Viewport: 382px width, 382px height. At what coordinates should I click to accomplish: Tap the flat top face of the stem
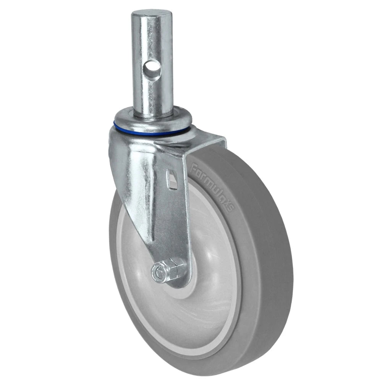click(x=150, y=16)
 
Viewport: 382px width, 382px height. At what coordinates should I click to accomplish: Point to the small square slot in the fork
click(x=172, y=179)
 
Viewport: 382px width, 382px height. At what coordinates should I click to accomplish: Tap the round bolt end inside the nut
click(x=157, y=272)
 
